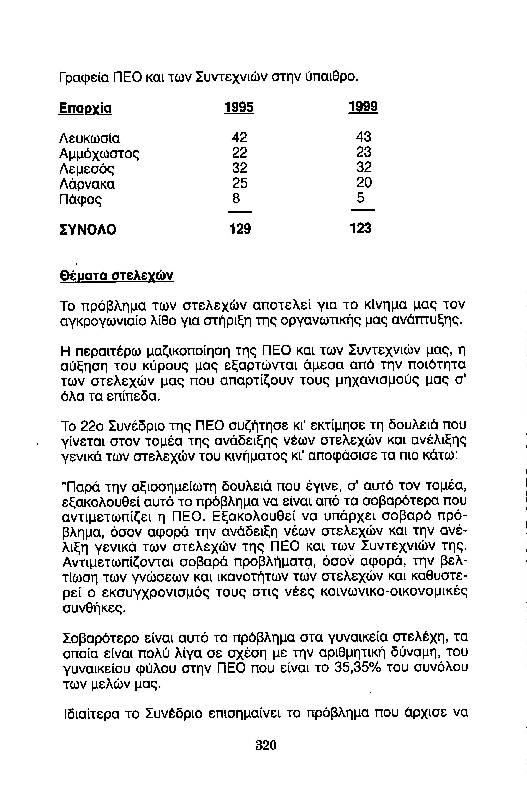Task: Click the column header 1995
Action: tap(239, 107)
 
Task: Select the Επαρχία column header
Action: tap(85, 109)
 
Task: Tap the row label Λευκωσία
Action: tap(89, 138)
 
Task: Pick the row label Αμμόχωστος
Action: tap(99, 154)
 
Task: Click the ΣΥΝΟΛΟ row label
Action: tap(88, 230)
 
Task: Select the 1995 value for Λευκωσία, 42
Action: tap(239, 137)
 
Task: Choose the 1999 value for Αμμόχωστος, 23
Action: tap(364, 152)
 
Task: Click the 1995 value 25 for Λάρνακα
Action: tap(239, 183)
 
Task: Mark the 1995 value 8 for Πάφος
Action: tap(236, 198)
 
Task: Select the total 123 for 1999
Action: tap(361, 229)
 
